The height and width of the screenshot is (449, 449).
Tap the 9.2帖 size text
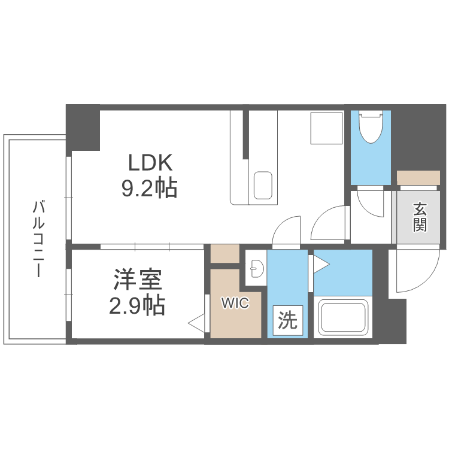pos(149,189)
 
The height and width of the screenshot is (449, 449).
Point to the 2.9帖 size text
pos(137,306)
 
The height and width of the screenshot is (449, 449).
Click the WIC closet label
pos(235,303)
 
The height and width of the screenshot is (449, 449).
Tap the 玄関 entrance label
pos(420,217)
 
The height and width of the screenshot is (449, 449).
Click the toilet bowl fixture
pos(371,128)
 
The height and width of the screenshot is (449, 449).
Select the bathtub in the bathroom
pos(344,317)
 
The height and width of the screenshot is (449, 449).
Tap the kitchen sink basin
pos(263,186)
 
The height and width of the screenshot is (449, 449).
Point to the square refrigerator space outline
pos(326,128)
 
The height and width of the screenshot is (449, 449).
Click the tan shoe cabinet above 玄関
pos(418,178)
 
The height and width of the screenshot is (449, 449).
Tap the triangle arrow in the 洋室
pos(197,324)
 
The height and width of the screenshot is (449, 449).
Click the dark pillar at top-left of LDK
pos(83,128)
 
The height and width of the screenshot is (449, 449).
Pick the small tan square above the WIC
pos(224,253)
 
